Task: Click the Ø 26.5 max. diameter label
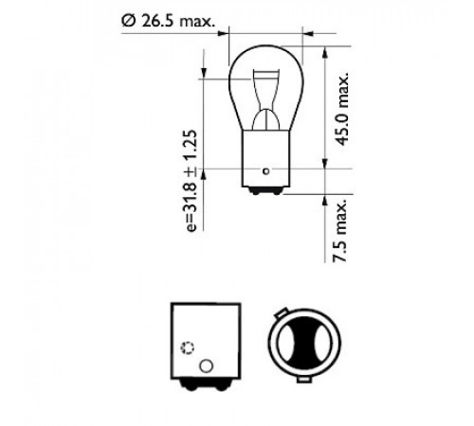click(x=168, y=21)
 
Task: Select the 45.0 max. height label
click(x=342, y=110)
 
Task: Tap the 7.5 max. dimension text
click(x=340, y=230)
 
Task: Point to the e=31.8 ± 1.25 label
click(x=191, y=181)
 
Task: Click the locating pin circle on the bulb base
click(x=266, y=171)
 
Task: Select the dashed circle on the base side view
click(x=187, y=347)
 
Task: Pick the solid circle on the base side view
click(x=206, y=366)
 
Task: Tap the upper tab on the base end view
click(x=281, y=312)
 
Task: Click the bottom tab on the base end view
click(x=304, y=380)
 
